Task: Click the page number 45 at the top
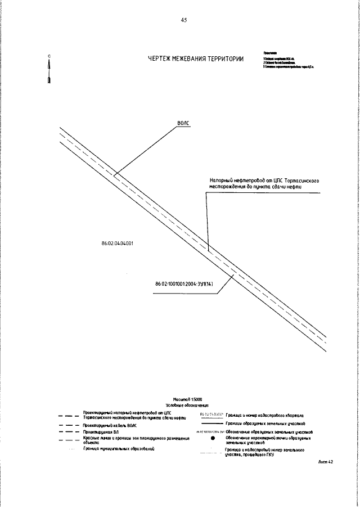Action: click(x=183, y=20)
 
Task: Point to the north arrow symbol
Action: click(x=50, y=70)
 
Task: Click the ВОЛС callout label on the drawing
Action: click(x=183, y=122)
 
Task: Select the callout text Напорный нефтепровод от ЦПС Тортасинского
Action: click(x=261, y=182)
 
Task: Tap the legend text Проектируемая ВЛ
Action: click(x=100, y=432)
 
